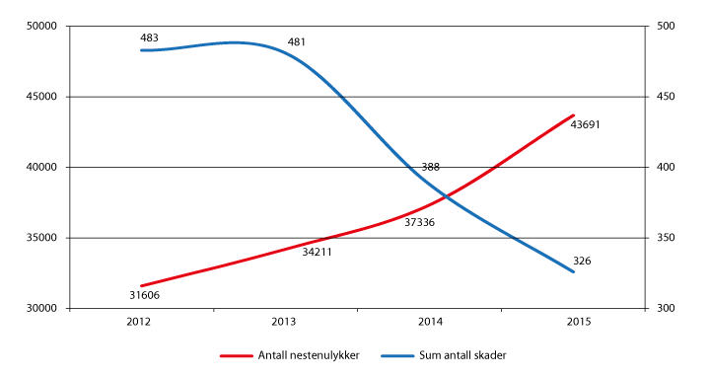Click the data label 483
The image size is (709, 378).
(x=150, y=38)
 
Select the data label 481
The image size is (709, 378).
(x=296, y=42)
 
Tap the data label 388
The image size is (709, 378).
(x=430, y=168)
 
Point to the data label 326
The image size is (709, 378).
(x=582, y=262)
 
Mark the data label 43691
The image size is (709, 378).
(x=586, y=125)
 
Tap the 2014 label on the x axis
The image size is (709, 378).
(x=429, y=323)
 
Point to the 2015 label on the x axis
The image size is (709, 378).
(x=573, y=323)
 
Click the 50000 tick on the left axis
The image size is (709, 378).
(x=41, y=26)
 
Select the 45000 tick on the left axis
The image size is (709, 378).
(x=41, y=97)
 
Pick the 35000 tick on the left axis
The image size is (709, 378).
(x=41, y=238)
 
